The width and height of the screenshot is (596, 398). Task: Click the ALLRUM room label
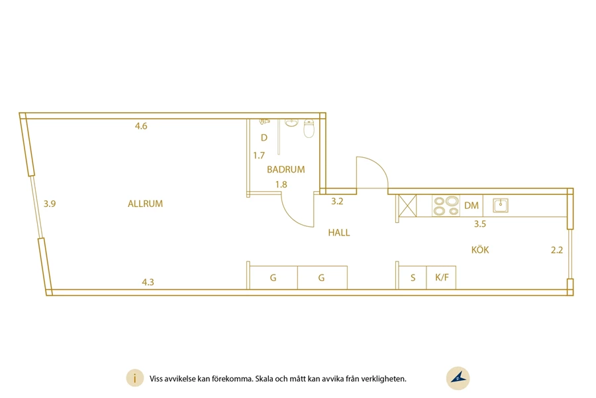coord(145,204)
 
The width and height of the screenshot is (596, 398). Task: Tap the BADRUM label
coord(286,170)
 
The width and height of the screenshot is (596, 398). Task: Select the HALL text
coord(339,233)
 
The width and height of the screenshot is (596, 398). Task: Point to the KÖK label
coord(480,250)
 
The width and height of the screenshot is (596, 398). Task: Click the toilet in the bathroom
coord(309,129)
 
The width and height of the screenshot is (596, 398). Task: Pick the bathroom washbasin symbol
coord(291,123)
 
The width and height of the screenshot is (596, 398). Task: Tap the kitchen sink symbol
coord(501,205)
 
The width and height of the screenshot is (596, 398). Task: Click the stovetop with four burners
coord(446,206)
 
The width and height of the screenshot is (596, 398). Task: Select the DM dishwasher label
coord(472,206)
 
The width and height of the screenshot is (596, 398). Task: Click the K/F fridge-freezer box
coord(441,278)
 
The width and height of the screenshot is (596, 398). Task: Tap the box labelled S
coord(413,278)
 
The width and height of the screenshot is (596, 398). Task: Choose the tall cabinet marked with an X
coord(407,206)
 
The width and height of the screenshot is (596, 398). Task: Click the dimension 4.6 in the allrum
coord(141,126)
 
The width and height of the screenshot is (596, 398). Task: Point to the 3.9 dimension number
coord(50,204)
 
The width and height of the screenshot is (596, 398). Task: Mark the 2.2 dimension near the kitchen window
coord(557,250)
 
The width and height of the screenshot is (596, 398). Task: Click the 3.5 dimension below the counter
coord(480,224)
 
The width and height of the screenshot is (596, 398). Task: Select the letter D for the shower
coord(264,138)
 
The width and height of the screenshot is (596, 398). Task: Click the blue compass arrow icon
coord(458,378)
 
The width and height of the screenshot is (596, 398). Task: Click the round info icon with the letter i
coord(135,379)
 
